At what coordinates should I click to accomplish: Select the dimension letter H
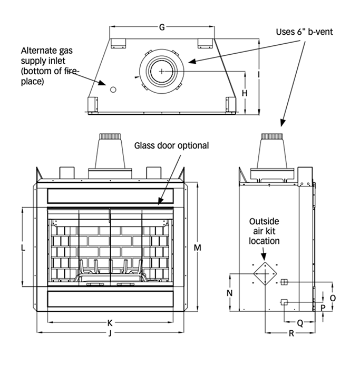point(245,93)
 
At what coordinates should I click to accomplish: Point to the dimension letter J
point(109,333)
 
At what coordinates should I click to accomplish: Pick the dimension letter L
point(22,247)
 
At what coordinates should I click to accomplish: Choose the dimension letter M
point(197,246)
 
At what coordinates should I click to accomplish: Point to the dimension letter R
point(291,333)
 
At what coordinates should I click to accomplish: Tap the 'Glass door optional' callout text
point(172,145)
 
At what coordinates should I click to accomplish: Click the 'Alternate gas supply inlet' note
point(46,66)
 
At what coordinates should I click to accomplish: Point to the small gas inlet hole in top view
point(112,90)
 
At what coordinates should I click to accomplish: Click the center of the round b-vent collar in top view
point(162,71)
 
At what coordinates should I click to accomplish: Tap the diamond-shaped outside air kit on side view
point(264,273)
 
